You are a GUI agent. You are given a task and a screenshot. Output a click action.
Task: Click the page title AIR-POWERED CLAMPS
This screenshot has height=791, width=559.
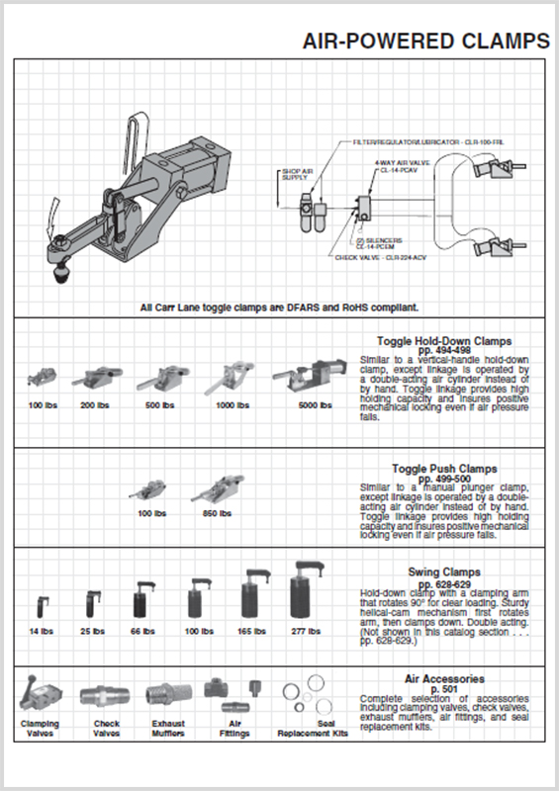pos(425,41)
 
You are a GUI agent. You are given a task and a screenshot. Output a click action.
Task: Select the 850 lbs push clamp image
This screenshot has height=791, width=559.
pos(215,489)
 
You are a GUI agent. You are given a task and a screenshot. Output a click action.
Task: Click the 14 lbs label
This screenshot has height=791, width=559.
pos(41,631)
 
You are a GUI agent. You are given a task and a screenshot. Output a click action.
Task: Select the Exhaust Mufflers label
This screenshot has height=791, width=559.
pos(168,728)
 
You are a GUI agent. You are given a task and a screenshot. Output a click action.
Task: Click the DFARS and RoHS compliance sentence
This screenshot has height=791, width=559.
pos(279,307)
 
